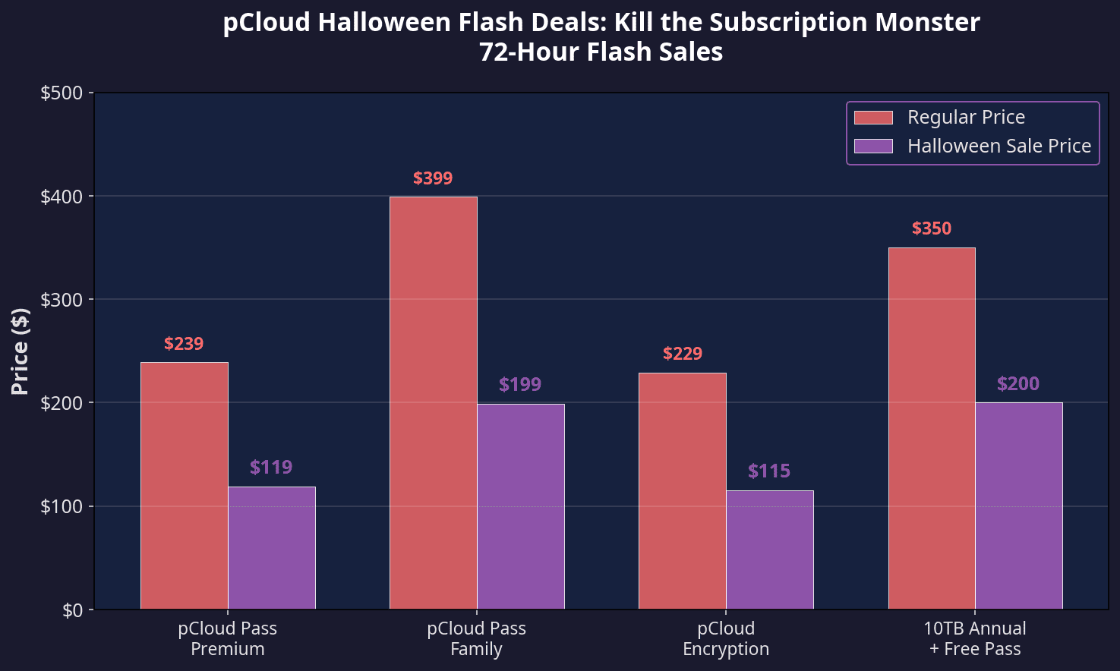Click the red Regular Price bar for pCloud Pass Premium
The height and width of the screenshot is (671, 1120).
click(x=185, y=486)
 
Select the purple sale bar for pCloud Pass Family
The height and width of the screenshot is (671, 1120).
click(x=521, y=506)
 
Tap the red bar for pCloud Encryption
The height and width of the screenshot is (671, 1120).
click(x=683, y=490)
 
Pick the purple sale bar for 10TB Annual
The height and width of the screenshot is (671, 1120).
click(x=1019, y=506)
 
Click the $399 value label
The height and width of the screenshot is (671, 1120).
click(x=433, y=178)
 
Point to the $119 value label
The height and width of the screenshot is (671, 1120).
click(x=271, y=467)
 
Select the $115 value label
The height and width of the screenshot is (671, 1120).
click(x=769, y=471)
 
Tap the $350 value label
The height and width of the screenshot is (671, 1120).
click(x=932, y=228)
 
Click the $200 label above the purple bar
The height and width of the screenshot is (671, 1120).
click(x=1018, y=384)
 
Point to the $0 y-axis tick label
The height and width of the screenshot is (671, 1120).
click(x=74, y=610)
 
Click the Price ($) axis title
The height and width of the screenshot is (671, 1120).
click(x=21, y=351)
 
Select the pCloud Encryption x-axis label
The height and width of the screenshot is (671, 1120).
click(x=726, y=638)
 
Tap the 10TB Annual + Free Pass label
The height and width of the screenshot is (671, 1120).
click(x=975, y=638)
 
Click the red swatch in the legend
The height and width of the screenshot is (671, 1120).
click(x=873, y=118)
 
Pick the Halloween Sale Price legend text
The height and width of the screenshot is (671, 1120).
click(x=999, y=146)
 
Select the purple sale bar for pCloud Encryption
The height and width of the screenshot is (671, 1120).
click(x=770, y=550)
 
